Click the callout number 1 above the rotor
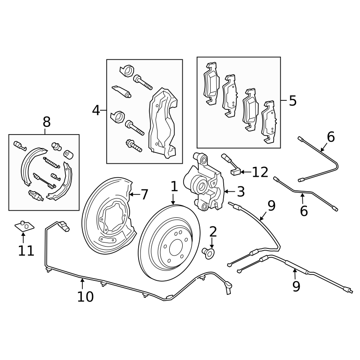tap(174, 186)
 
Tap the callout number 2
tap(213, 232)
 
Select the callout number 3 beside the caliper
tap(241, 192)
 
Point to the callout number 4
tap(96, 110)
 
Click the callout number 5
tap(293, 100)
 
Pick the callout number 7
tap(144, 194)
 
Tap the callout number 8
tap(47, 122)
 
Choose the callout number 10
tap(85, 297)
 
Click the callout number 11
tap(26, 251)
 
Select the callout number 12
tap(260, 172)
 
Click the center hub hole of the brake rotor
tap(176, 249)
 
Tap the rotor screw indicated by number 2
tap(208, 253)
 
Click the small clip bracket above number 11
tap(24, 226)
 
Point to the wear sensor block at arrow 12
tap(235, 172)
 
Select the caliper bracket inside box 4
tap(162, 122)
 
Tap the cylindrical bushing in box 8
tap(68, 154)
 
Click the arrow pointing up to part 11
tap(23, 238)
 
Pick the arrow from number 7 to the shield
tap(135, 194)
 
